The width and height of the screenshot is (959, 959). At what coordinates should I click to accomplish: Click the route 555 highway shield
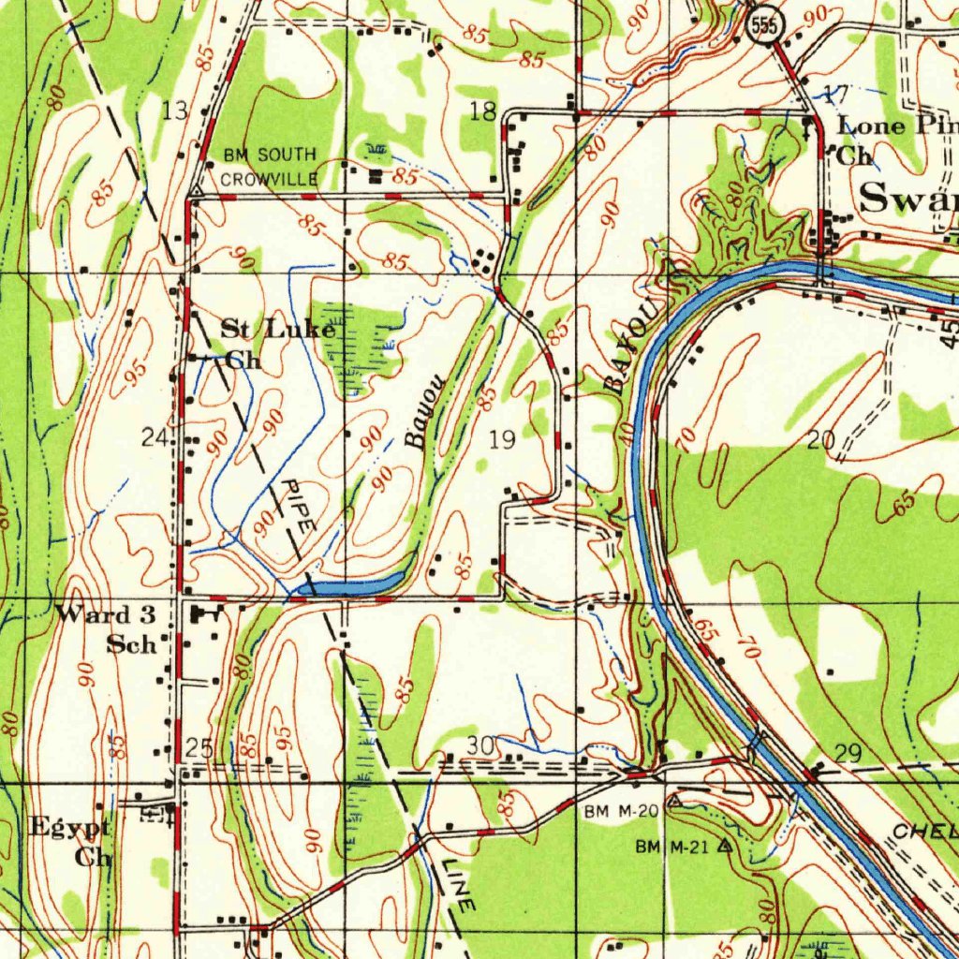point(764,26)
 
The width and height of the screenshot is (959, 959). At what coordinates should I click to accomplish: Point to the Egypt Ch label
point(72,841)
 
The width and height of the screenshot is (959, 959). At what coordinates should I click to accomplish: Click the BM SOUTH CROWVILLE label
point(270,166)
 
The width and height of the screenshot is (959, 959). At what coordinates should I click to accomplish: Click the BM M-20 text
point(622,811)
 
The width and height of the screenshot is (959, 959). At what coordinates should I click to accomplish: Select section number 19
point(502,439)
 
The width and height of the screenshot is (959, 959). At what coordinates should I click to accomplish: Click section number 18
point(482,113)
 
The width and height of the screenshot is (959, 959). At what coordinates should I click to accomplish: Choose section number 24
point(155,436)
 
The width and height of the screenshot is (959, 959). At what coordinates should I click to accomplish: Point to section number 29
point(847,755)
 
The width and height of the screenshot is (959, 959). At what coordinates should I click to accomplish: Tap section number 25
point(199,747)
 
